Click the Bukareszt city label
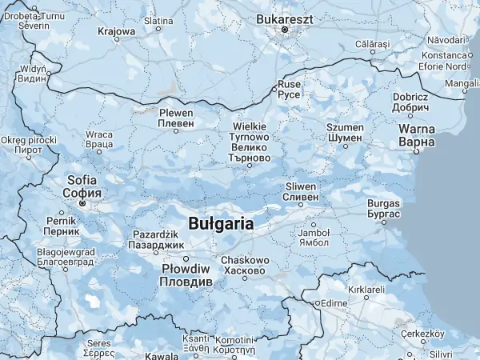click(x=284, y=18)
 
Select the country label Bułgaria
click(x=222, y=223)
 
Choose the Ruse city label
click(x=288, y=87)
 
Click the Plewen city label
click(x=176, y=118)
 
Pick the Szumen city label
click(x=345, y=133)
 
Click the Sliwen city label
click(x=302, y=191)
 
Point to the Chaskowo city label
click(x=244, y=266)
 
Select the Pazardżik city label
click(x=158, y=239)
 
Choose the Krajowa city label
click(x=116, y=32)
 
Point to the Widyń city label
click(x=32, y=74)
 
